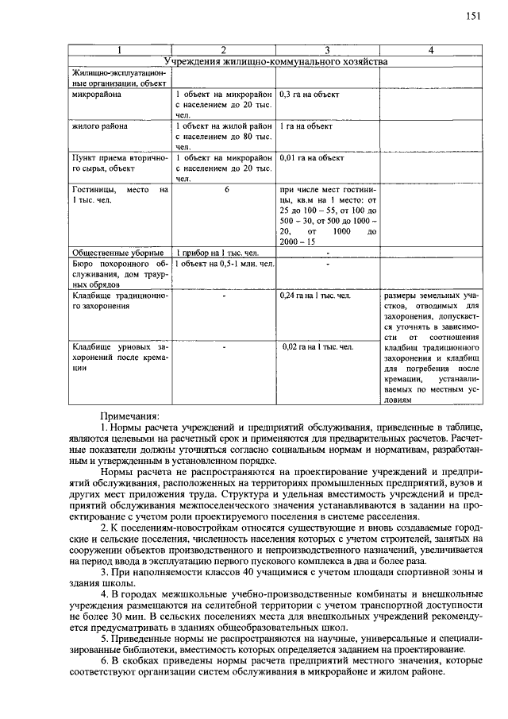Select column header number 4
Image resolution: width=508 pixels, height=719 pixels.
coord(430,50)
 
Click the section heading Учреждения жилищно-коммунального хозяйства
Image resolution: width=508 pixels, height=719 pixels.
coord(275,60)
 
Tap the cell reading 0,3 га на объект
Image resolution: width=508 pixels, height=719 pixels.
coord(310,95)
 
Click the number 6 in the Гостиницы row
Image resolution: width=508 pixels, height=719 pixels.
coord(225,190)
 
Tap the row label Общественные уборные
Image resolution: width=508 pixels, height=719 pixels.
coord(118,253)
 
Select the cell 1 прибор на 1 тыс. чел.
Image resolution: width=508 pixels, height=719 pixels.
coord(217,253)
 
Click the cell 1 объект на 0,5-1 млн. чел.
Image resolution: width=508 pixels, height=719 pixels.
coord(225,263)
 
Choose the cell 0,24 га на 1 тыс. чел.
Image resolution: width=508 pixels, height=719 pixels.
coord(315,295)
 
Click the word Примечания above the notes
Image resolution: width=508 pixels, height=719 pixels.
coord(130,416)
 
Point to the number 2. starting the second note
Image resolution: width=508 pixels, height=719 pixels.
coord(105,528)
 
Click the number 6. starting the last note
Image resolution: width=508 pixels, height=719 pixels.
coord(105,660)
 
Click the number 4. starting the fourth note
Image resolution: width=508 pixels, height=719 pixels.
coord(105,594)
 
